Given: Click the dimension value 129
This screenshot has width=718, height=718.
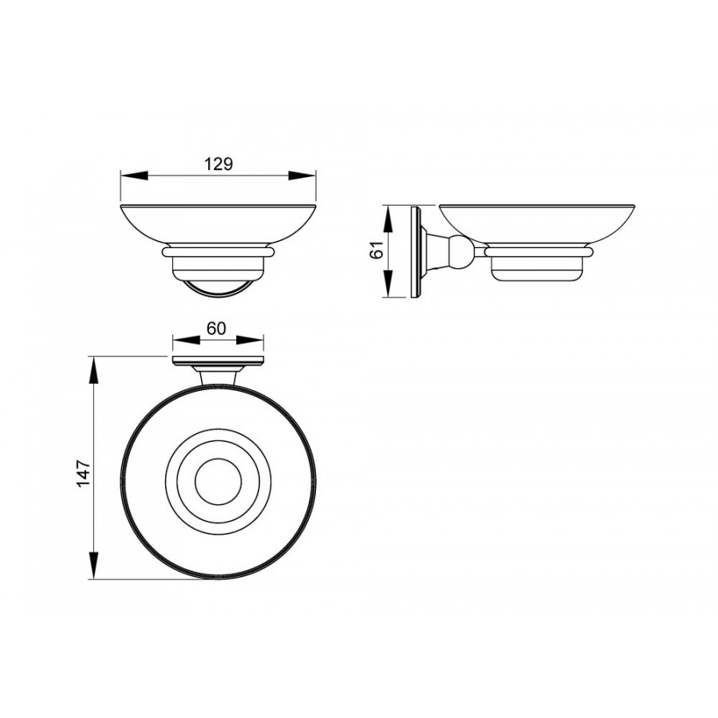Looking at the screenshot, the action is [219, 164].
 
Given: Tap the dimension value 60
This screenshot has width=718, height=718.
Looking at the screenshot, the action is [216, 329].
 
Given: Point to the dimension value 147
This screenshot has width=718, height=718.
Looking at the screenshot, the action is [84, 473].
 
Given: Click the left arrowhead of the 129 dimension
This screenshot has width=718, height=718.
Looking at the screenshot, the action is [134, 175].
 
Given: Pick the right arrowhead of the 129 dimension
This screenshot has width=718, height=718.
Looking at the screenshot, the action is [302, 175].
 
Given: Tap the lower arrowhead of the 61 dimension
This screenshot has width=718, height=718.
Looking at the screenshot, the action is [388, 284].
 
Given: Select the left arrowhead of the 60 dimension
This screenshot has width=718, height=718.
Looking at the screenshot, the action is [187, 340].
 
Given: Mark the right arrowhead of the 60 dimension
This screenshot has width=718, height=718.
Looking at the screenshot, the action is [250, 340].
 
